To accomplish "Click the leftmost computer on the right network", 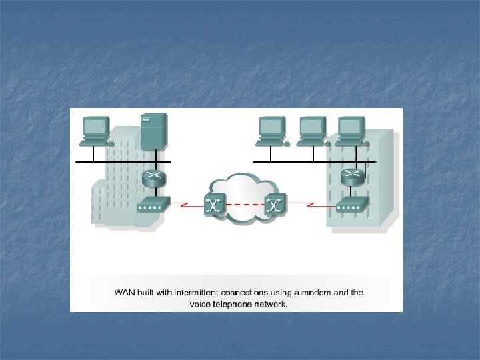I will coord(271,130).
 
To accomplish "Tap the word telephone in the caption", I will coord(233,304).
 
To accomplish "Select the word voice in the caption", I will coord(199,304).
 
